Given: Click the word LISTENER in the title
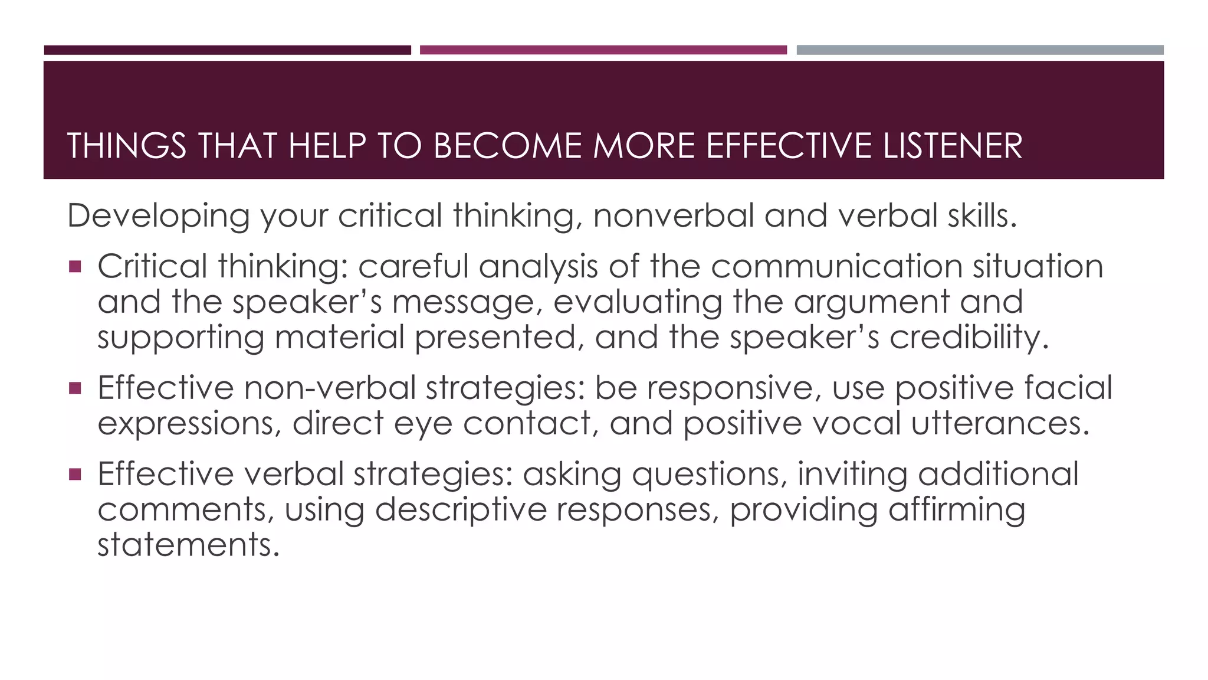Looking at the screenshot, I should [953, 146].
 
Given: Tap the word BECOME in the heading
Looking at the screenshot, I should [508, 146].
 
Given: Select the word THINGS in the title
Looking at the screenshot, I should [127, 146].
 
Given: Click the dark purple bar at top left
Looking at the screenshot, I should [227, 50].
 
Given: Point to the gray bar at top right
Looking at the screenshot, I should [980, 50].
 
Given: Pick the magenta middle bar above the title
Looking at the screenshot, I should [603, 50].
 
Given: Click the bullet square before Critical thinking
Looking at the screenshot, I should [74, 267].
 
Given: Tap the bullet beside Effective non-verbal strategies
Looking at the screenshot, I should [74, 388].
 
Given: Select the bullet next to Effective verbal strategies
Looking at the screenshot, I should [74, 474].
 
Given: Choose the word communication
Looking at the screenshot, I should [837, 267].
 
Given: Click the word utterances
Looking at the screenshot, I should [1000, 424].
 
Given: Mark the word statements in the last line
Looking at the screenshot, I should [188, 545].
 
